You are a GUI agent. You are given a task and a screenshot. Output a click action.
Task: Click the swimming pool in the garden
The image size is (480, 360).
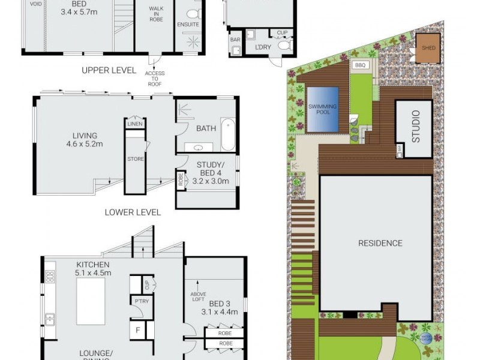pos(323,109)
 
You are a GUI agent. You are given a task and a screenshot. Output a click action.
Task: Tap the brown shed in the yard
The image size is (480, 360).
pos(428,47)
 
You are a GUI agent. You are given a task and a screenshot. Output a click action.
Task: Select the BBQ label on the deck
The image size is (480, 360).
pos(360,65)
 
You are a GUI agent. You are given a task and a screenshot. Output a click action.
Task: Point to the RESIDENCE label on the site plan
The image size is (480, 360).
pos(380,243)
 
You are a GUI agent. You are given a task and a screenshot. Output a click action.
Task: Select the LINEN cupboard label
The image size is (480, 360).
pos(134,124)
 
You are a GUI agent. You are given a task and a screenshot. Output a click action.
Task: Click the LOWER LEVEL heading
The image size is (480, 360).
pos(133,212)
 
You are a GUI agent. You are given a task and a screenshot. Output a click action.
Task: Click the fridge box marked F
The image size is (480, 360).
pos(137,329)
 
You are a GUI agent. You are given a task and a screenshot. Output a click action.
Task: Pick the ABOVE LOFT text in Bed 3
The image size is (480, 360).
pos(199,298)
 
